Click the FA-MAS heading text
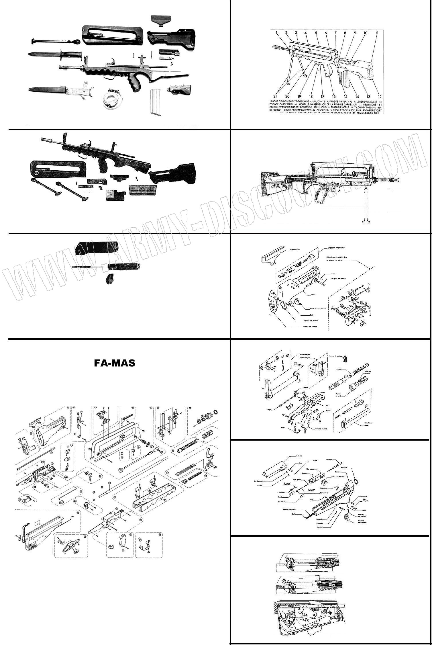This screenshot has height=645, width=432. (115, 363)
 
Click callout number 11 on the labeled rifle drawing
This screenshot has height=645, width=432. (377, 33)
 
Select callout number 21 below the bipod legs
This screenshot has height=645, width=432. (275, 97)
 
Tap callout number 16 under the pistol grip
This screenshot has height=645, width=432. (334, 97)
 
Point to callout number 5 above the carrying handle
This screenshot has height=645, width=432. (316, 33)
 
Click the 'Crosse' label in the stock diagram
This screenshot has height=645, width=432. (313, 295)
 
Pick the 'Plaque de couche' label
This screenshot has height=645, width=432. (310, 326)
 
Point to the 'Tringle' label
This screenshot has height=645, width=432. (268, 410)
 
